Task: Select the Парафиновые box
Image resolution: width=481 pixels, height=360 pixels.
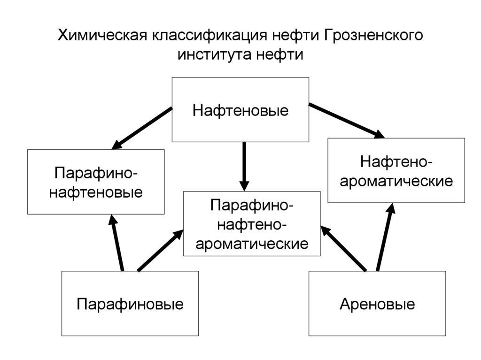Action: pos(130,304)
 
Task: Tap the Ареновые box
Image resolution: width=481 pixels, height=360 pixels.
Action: pos(377,304)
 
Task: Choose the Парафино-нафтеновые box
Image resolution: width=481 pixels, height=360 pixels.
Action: pos(96,182)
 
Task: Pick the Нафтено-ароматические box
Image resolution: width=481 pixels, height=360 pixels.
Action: pos(396,170)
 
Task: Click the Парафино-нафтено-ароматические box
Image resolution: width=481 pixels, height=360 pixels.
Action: pos(252,224)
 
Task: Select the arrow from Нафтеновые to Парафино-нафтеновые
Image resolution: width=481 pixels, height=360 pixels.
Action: pos(142,128)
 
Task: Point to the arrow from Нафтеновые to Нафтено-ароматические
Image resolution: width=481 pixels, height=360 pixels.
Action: pos(347,120)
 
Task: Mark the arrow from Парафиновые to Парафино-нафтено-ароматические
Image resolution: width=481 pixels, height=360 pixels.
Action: pos(160,250)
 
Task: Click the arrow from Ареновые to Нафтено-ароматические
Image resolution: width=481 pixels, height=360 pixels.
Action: pos(385,237)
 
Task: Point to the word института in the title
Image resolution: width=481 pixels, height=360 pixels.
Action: pos(214,55)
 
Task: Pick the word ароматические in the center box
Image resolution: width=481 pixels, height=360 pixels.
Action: pos(252,244)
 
